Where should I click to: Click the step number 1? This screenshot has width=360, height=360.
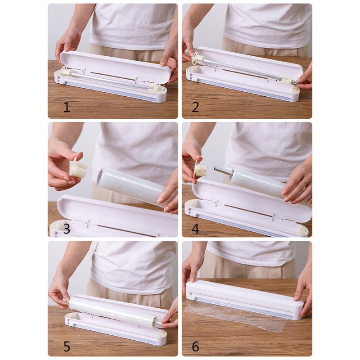tap(67, 107)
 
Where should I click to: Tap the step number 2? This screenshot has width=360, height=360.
tap(195, 107)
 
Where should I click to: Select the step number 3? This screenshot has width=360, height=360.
tap(67, 229)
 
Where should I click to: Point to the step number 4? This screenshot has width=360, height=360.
tap(195, 229)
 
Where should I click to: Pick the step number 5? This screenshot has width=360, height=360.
tap(67, 346)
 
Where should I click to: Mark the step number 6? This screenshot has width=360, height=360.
tap(195, 346)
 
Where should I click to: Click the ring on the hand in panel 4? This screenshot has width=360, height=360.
tap(304, 182)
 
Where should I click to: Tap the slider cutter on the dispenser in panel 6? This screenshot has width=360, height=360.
tap(193, 298)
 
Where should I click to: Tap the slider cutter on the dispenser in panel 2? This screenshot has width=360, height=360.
tap(195, 80)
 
